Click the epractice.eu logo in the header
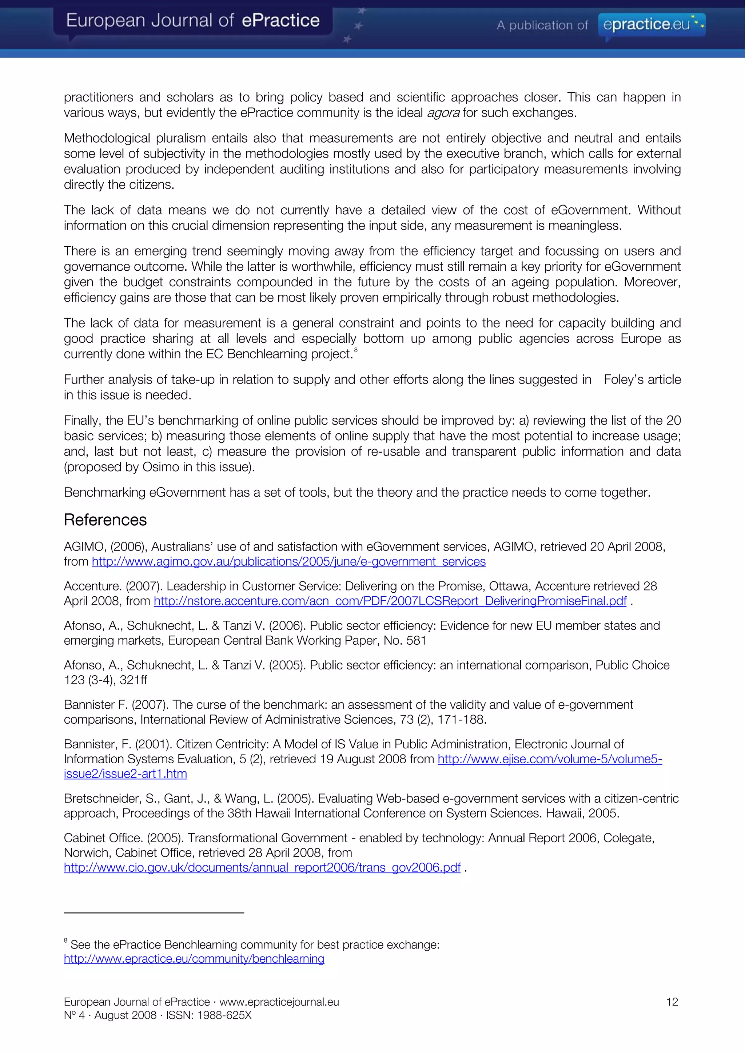[652, 24]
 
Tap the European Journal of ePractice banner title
[193, 20]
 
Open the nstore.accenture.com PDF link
[390, 601]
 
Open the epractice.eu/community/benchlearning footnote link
[194, 959]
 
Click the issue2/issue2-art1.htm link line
[125, 773]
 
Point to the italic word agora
[443, 113]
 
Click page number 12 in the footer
[672, 1002]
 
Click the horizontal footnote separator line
[154, 912]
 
